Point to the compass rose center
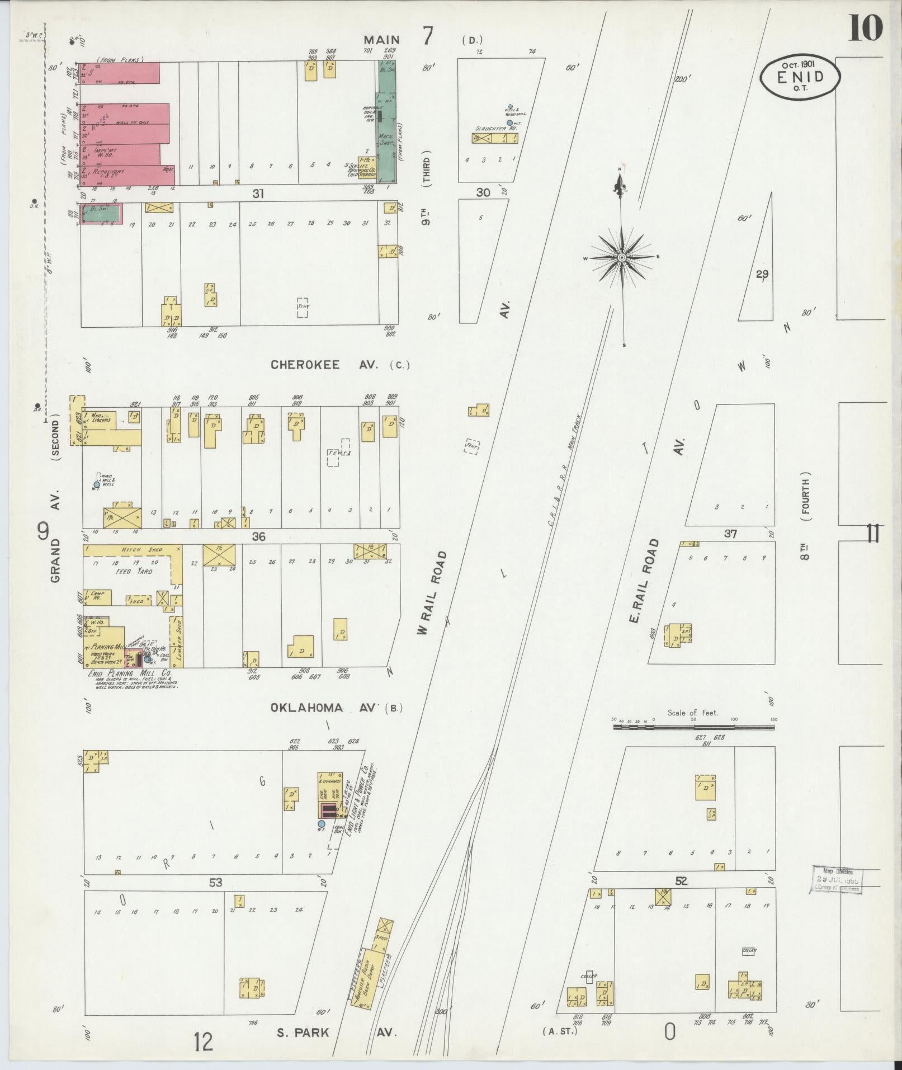coord(622,257)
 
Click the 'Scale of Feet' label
coord(692,713)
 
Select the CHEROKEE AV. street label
coord(324,365)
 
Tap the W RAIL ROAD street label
coord(433,593)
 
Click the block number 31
coord(258,194)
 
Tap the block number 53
coord(216,882)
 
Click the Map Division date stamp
coord(837,880)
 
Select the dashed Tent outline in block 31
coord(303,307)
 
